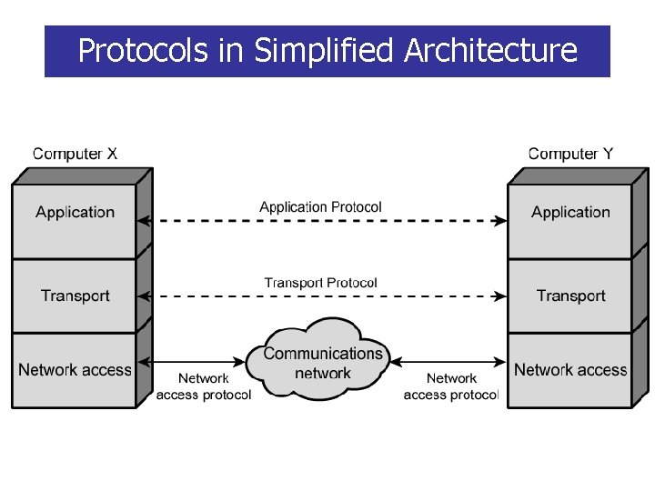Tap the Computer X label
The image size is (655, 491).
[75, 154]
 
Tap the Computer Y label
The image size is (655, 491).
[570, 154]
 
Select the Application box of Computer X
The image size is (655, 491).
[75, 213]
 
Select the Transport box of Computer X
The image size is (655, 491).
[75, 296]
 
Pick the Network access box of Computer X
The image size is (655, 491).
[75, 370]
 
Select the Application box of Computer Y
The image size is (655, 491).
[570, 213]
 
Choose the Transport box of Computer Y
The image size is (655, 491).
[570, 296]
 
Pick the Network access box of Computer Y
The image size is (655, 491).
[570, 370]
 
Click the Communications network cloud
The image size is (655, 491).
[323, 361]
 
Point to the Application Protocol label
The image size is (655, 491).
[320, 207]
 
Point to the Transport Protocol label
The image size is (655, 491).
[320, 283]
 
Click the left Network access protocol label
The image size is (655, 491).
[203, 386]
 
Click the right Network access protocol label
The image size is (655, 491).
[450, 386]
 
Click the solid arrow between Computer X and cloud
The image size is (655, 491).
[200, 361]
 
